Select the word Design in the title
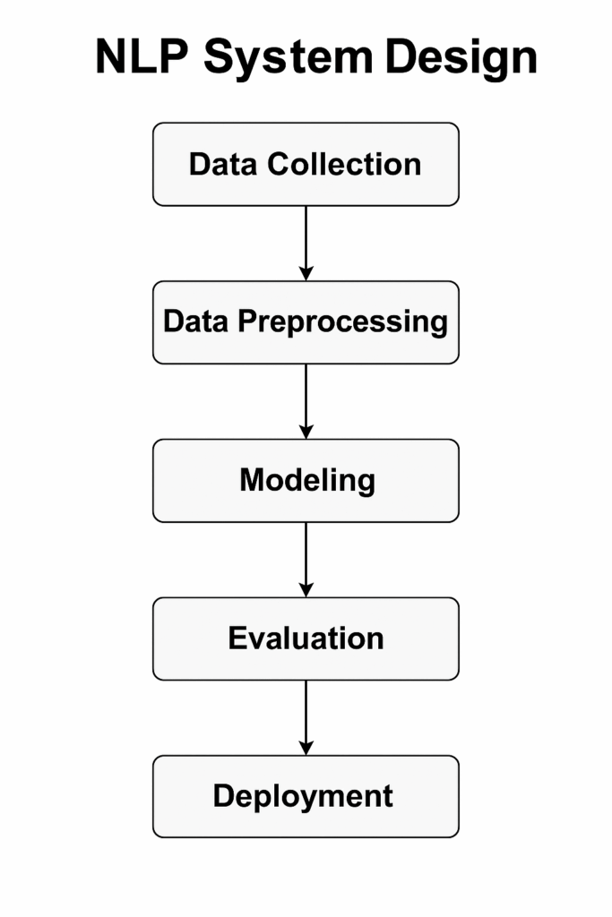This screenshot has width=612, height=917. (461, 59)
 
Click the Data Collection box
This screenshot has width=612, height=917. (306, 165)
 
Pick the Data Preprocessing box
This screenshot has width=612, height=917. (306, 322)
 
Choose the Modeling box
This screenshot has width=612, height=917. (306, 481)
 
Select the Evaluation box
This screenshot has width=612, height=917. (306, 638)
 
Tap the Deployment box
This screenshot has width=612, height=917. (306, 796)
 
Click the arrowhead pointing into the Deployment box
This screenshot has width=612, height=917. (306, 747)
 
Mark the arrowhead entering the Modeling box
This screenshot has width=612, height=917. (306, 431)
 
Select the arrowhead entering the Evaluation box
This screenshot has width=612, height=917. (306, 589)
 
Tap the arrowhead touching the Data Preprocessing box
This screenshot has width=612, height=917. (306, 273)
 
